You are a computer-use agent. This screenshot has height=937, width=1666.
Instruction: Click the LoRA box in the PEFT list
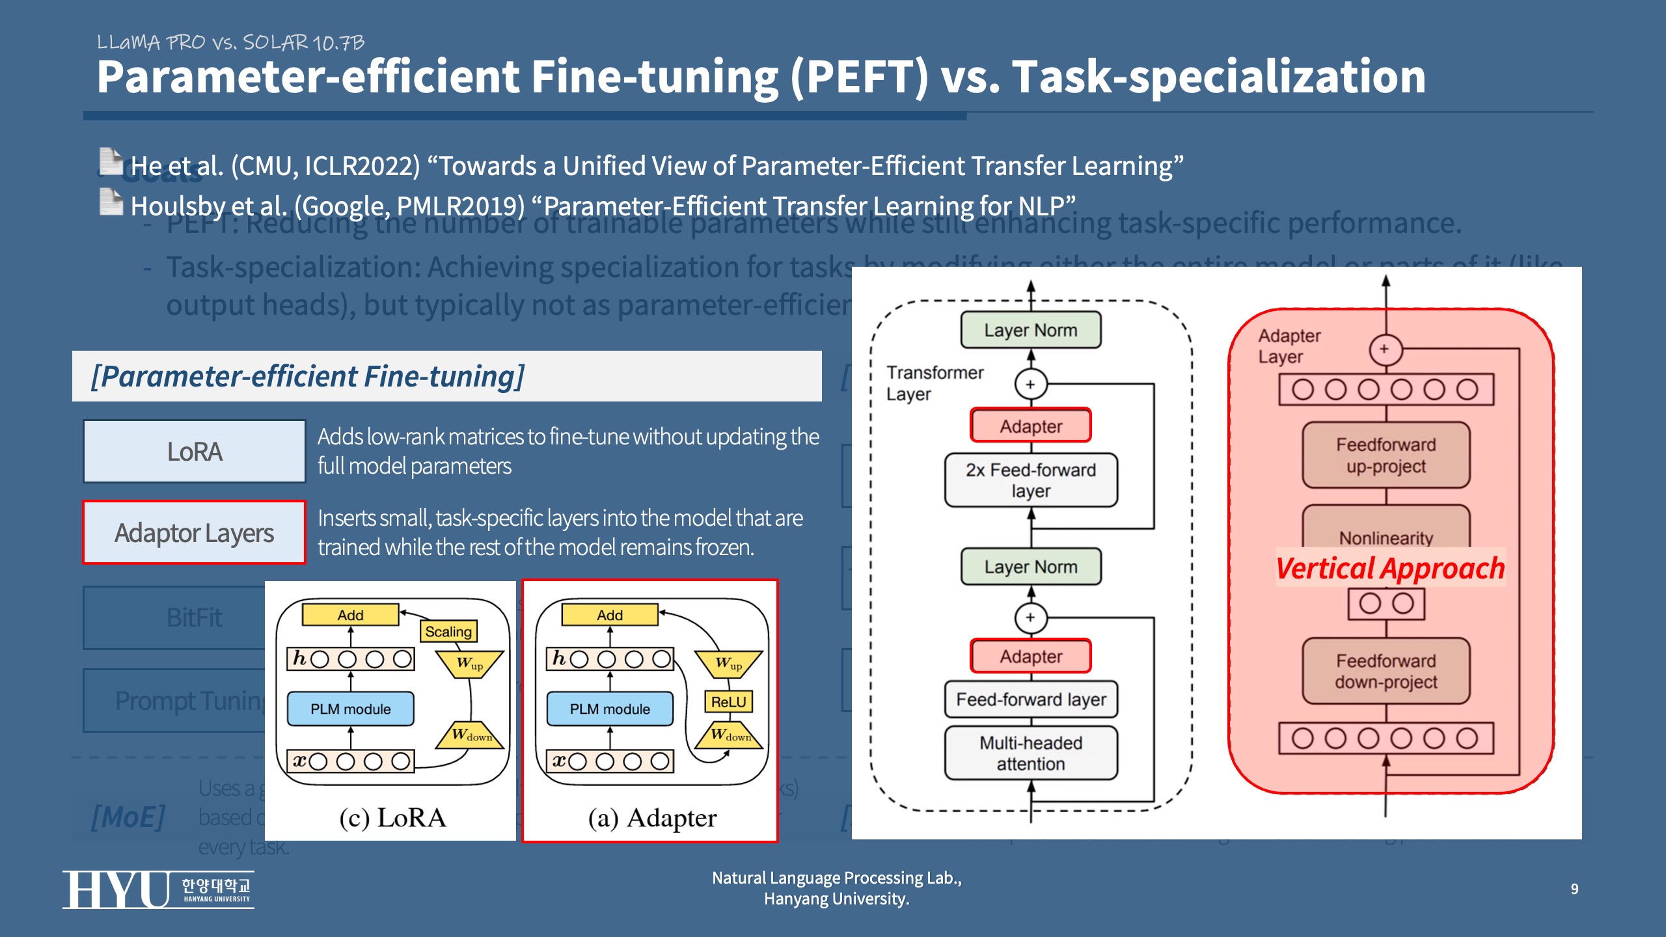click(x=194, y=452)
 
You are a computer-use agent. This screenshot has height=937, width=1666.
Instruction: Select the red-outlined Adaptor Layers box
click(x=194, y=532)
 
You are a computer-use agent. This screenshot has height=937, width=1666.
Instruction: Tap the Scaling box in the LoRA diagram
click(x=448, y=631)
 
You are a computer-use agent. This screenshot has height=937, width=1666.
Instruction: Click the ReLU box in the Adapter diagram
click(x=728, y=701)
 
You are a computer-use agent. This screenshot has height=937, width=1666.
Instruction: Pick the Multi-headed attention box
click(x=1031, y=753)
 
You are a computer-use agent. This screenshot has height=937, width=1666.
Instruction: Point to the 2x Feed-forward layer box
click(x=1031, y=480)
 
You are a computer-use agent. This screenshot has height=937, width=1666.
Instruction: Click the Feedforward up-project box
click(x=1386, y=455)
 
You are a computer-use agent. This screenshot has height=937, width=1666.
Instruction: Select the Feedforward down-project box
click(x=1386, y=672)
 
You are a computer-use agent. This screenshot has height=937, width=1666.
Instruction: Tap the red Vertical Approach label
click(x=1390, y=568)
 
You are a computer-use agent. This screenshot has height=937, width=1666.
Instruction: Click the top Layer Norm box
click(x=1031, y=330)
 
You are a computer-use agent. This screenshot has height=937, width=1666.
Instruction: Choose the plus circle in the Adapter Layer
click(x=1384, y=349)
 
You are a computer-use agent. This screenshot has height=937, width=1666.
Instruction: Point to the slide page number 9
click(x=1574, y=889)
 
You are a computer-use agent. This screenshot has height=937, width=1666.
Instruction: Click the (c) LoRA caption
click(x=392, y=818)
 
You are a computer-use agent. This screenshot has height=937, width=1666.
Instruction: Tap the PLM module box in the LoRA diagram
click(x=350, y=709)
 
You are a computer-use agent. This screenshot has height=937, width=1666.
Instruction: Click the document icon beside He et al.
click(x=111, y=162)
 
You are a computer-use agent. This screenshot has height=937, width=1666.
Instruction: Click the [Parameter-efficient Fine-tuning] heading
click(x=307, y=376)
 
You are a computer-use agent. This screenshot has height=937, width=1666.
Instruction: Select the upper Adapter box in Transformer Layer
click(x=1031, y=426)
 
